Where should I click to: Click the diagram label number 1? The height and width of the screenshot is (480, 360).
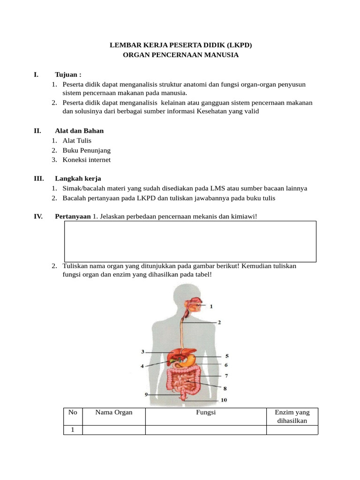pyautogui.click(x=211, y=307)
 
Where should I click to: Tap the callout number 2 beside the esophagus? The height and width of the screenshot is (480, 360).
pyautogui.click(x=219, y=322)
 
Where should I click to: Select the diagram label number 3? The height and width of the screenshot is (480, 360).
pyautogui.click(x=143, y=352)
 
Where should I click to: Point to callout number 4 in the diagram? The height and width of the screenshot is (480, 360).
pyautogui.click(x=142, y=366)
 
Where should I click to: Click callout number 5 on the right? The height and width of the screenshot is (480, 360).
pyautogui.click(x=227, y=356)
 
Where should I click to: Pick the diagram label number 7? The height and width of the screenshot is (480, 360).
pyautogui.click(x=226, y=375)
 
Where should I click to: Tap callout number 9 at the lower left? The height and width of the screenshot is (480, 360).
pyautogui.click(x=147, y=395)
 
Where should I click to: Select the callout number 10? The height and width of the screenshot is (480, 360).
pyautogui.click(x=224, y=400)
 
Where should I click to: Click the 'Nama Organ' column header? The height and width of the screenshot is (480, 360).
pyautogui.click(x=113, y=412)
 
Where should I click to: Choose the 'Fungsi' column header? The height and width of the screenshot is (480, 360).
pyautogui.click(x=206, y=412)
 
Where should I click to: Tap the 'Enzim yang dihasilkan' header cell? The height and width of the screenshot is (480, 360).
pyautogui.click(x=292, y=416)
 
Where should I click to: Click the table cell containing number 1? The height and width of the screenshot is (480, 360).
pyautogui.click(x=73, y=430)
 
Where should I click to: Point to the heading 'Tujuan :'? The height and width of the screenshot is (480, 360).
pyautogui.click(x=68, y=75)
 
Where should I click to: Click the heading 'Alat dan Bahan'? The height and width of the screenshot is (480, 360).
pyautogui.click(x=79, y=131)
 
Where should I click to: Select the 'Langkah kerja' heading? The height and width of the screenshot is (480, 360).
pyautogui.click(x=78, y=179)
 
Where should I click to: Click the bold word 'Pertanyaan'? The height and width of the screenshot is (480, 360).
pyautogui.click(x=73, y=216)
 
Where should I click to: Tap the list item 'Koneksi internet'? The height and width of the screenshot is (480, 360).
pyautogui.click(x=87, y=160)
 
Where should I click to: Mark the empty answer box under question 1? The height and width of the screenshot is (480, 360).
pyautogui.click(x=189, y=241)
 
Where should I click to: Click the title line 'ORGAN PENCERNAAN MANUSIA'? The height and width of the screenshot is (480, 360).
pyautogui.click(x=180, y=55)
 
